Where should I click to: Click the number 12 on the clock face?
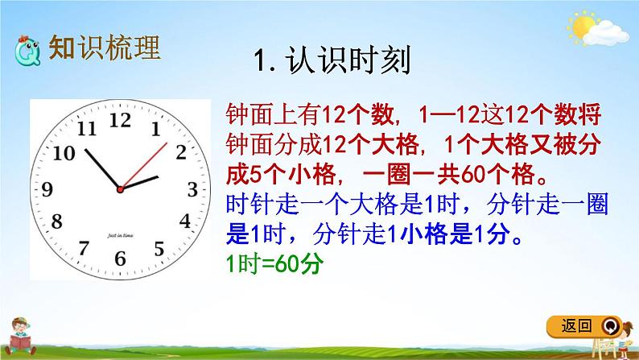point(120,120)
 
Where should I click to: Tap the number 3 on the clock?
point(192,189)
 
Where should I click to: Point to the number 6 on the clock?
point(121,259)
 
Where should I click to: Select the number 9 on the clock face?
point(48,190)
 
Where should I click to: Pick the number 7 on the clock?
point(84,247)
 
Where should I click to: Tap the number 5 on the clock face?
point(159,247)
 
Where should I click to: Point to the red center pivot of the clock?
point(120,189)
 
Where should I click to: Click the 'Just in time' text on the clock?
point(120,235)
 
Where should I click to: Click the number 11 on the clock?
point(85,128)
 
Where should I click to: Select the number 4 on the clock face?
point(184,221)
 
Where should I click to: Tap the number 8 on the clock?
point(57,221)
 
